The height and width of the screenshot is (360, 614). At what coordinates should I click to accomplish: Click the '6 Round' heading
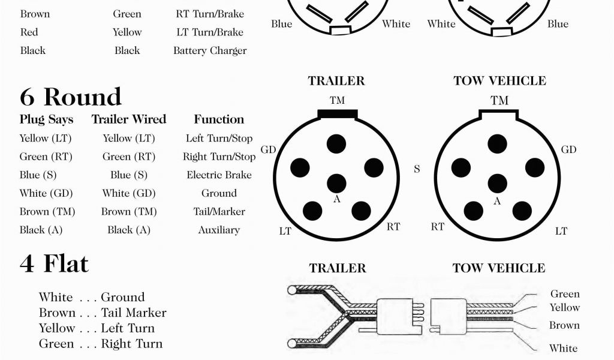(x=70, y=97)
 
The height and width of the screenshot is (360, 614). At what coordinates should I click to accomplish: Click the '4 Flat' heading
(x=54, y=264)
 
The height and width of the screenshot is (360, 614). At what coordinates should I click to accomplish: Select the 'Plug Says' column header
(x=46, y=119)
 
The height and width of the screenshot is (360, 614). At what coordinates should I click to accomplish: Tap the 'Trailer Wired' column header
(x=128, y=119)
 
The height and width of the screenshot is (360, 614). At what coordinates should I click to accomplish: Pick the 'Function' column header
(x=219, y=119)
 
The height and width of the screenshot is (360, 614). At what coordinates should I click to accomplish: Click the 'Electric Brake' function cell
(x=219, y=175)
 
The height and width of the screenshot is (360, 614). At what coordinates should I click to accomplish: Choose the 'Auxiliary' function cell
(x=219, y=230)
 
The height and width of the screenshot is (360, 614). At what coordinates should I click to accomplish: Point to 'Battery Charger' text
(x=210, y=51)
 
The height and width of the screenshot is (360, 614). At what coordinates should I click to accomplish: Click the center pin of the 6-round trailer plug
(x=337, y=183)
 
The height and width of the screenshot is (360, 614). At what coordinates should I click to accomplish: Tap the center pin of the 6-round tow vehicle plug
(x=497, y=183)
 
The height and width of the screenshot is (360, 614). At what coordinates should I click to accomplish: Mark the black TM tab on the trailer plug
(x=338, y=113)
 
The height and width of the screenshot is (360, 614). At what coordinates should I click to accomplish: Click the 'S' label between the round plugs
(x=417, y=169)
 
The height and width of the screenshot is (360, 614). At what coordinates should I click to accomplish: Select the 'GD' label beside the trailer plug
(x=268, y=149)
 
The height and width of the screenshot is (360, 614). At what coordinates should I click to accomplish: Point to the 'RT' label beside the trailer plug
(x=393, y=226)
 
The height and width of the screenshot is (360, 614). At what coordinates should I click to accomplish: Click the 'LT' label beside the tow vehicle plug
(x=561, y=231)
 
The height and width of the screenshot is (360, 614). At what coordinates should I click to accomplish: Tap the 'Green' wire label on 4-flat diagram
(x=565, y=294)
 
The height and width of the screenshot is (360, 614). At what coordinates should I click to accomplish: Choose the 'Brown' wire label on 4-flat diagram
(x=564, y=326)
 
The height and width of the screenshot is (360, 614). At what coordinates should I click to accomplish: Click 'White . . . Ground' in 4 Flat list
(x=92, y=298)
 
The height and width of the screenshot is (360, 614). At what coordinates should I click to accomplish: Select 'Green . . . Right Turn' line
(x=101, y=344)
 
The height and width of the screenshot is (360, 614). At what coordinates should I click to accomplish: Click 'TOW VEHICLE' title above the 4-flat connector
(x=499, y=268)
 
